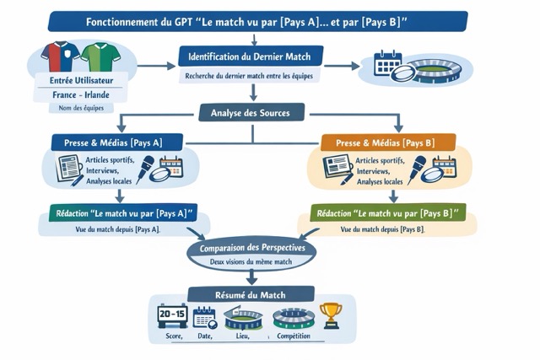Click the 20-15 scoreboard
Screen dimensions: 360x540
172,315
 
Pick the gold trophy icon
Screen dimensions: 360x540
331,314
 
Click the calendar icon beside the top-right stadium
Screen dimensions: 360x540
387,63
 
